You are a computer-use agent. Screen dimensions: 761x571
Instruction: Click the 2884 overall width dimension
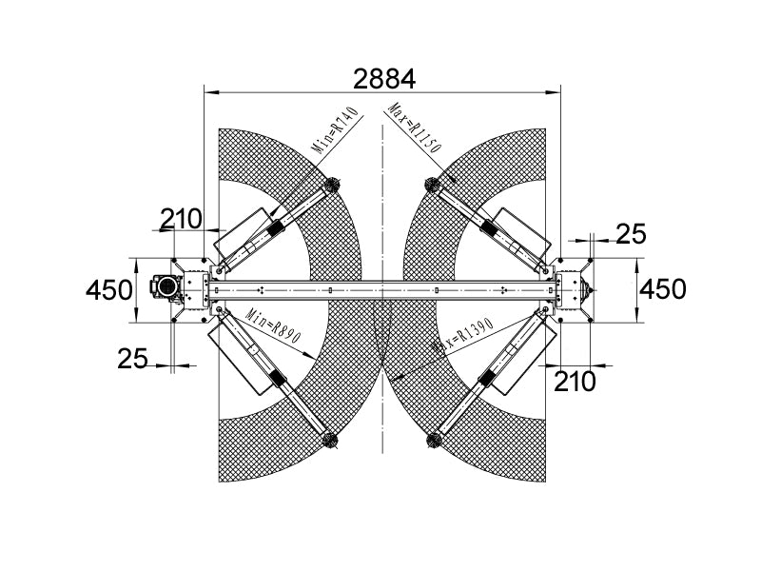384,79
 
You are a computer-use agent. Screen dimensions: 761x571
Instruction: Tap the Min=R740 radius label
337,129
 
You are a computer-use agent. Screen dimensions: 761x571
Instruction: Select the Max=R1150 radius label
416,128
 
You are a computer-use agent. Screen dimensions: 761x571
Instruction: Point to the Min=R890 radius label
274,325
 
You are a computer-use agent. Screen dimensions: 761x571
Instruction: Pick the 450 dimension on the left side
108,290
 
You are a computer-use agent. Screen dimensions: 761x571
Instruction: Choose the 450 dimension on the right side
662,289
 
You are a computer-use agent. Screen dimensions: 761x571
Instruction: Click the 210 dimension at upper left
181,219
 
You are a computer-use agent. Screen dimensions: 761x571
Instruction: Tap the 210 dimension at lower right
575,382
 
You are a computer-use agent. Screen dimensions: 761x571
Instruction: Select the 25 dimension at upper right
632,233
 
